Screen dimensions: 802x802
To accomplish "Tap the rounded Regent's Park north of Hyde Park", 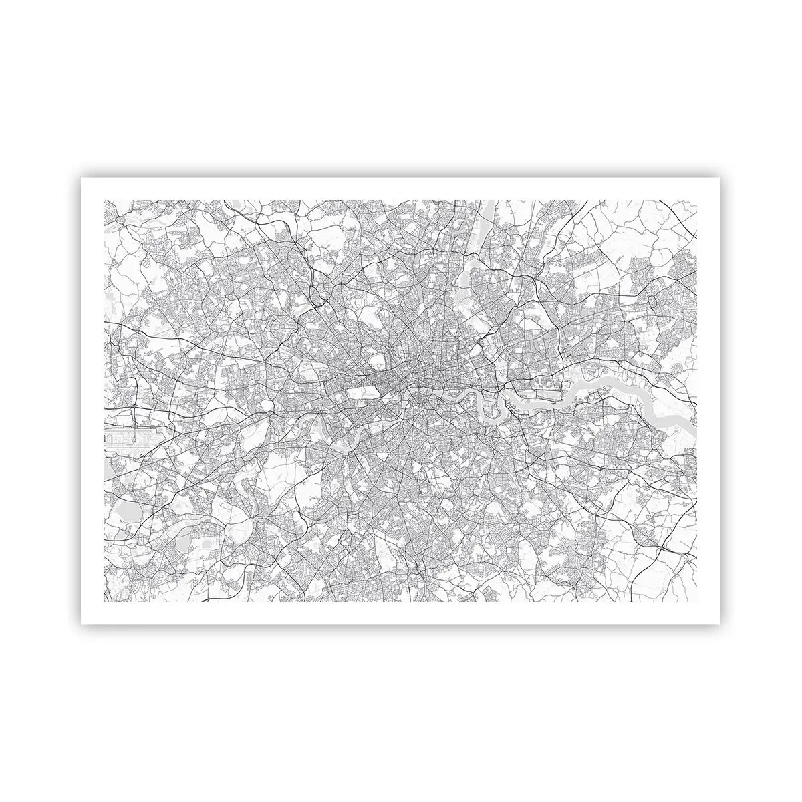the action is (x=377, y=361).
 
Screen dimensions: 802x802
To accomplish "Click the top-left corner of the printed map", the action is (x=103, y=200).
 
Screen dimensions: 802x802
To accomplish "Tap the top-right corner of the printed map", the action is (x=697, y=200).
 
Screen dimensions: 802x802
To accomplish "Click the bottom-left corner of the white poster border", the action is (x=81, y=624).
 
